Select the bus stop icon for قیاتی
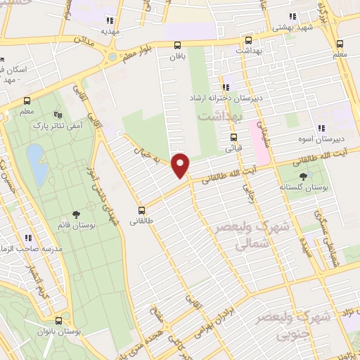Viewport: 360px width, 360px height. click(234, 137)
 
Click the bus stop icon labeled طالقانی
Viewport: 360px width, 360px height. click(142, 210)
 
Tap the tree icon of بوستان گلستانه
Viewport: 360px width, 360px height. click(303, 176)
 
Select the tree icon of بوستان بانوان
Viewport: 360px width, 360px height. click(65, 318)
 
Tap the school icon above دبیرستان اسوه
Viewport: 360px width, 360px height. click(320, 128)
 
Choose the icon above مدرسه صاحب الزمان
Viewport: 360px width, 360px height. click(29, 238)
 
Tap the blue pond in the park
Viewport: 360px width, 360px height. click(37, 162)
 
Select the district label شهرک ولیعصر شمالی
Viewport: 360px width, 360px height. click(239, 236)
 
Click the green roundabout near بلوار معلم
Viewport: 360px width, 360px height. click(111, 56)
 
